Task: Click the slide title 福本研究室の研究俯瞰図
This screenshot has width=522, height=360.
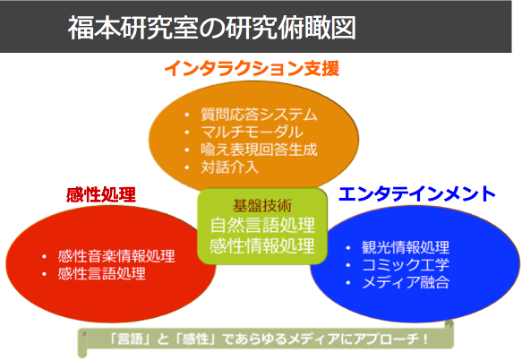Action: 212,28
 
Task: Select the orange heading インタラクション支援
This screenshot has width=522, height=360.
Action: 252,69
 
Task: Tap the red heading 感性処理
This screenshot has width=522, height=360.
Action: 101,194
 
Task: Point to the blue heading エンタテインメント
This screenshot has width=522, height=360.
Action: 417,193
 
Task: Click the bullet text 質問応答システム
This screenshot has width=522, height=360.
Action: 259,115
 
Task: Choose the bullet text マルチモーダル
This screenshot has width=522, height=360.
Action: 252,132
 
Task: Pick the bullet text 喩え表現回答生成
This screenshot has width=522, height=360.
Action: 259,150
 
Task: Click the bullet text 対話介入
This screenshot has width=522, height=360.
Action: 230,167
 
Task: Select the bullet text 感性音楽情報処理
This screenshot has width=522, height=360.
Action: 116,256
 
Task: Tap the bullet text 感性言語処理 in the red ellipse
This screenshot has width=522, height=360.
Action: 102,273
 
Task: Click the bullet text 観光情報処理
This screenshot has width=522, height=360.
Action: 406,247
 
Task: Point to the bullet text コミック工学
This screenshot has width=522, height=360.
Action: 406,265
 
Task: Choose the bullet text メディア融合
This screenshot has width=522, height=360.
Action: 406,282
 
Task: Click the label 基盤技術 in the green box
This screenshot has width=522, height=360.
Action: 262,205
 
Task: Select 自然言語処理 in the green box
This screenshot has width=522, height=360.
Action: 262,225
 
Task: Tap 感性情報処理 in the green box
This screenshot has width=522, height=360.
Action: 262,246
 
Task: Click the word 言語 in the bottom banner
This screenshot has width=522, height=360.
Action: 130,339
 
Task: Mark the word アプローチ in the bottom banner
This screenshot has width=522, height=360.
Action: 386,339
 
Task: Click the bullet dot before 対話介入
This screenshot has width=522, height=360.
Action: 187,167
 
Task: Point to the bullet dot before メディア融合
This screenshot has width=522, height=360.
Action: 348,283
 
